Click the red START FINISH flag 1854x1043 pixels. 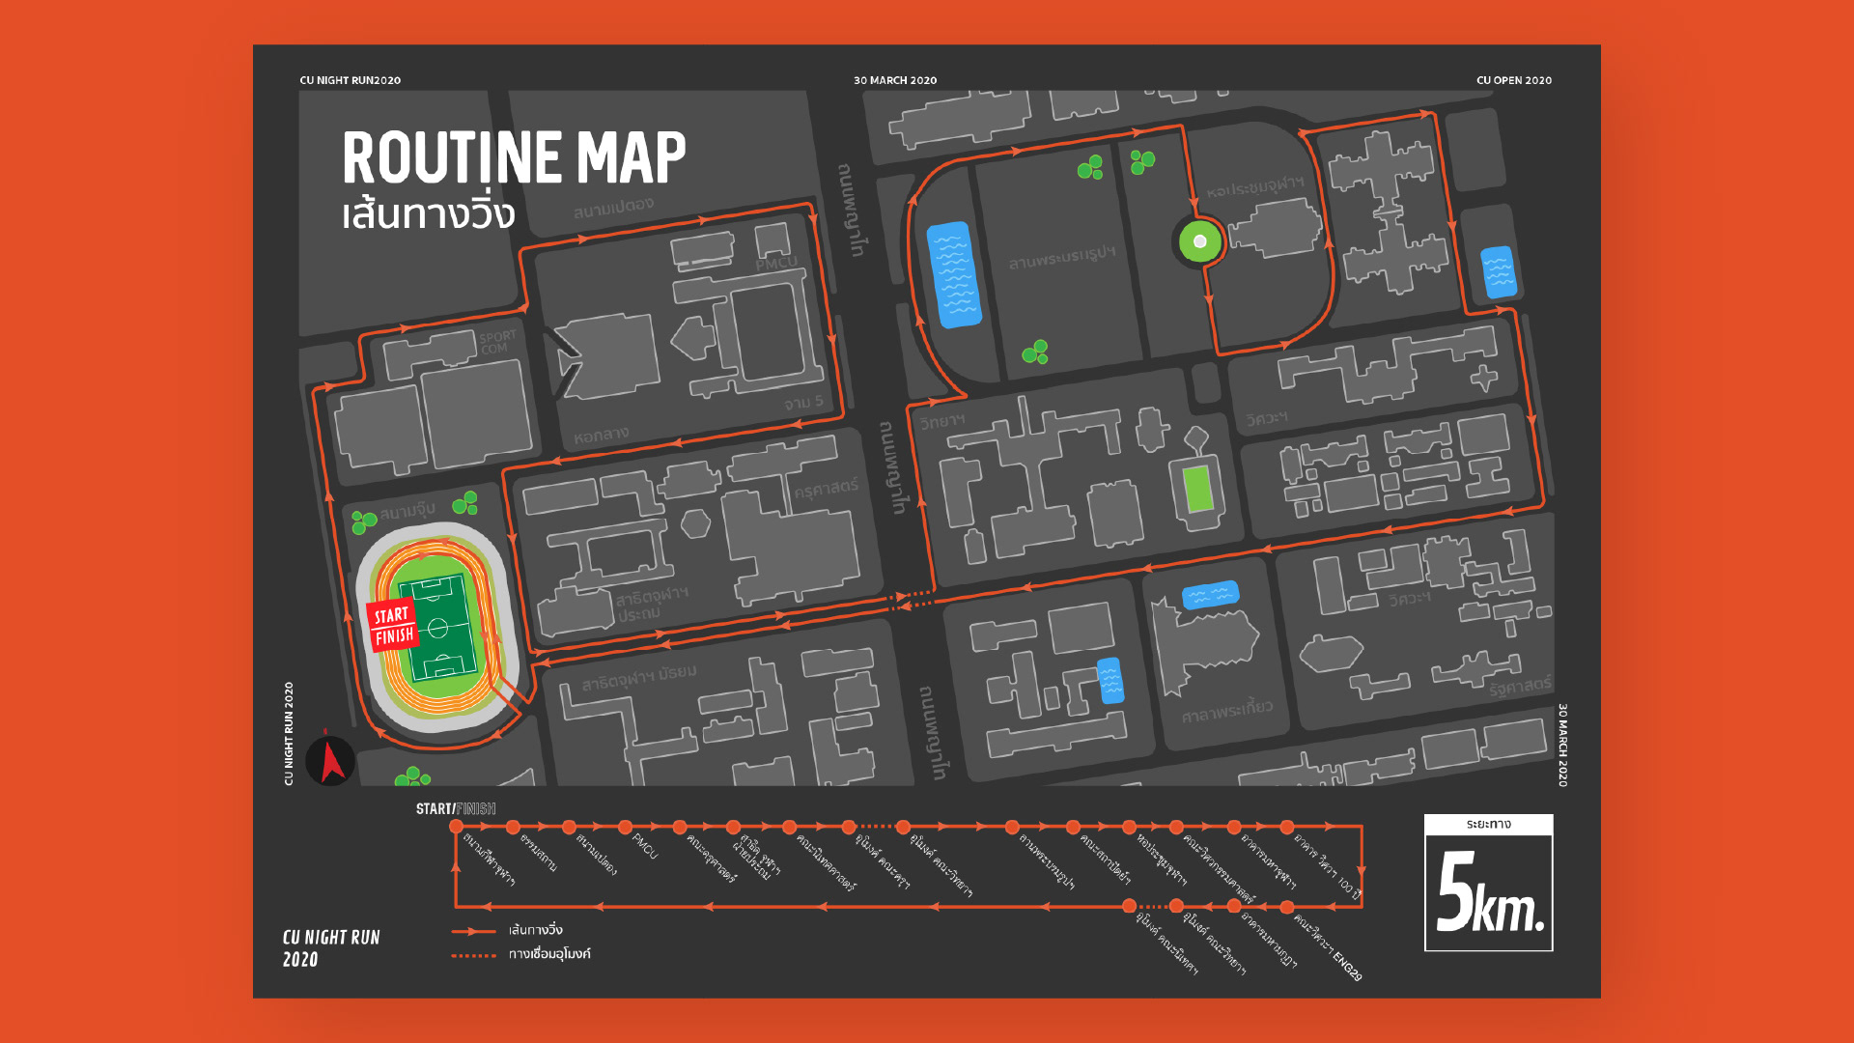(x=393, y=626)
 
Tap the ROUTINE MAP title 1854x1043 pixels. (x=514, y=157)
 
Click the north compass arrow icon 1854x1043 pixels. (x=331, y=760)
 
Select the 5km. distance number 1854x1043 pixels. (x=1489, y=893)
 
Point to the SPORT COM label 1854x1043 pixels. (x=497, y=342)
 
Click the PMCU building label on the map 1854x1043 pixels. (x=776, y=264)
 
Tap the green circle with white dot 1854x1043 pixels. (x=1199, y=241)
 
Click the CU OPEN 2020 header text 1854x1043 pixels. (x=1513, y=80)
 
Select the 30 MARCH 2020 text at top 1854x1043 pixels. (x=894, y=80)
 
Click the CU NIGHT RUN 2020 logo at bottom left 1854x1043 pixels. (x=330, y=947)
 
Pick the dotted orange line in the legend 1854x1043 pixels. (x=473, y=955)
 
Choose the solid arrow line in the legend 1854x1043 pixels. (x=473, y=931)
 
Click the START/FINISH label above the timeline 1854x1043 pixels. (x=456, y=808)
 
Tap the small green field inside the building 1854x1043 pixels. (x=1198, y=489)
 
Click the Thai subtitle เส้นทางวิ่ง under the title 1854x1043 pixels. (x=428, y=214)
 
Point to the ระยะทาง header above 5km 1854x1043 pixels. (x=1488, y=824)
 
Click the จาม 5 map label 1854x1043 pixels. (x=803, y=402)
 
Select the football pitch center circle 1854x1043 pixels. (x=437, y=628)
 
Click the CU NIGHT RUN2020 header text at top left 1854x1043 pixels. (x=350, y=80)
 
